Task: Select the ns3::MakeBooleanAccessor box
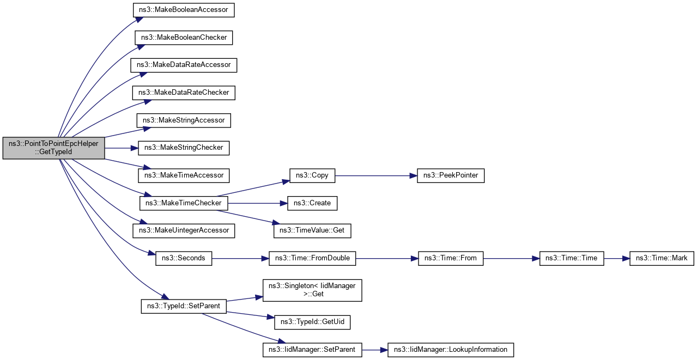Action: [184, 10]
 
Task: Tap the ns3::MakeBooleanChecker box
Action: [184, 38]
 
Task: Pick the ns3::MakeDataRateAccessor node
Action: [184, 65]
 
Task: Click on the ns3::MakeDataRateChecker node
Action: [184, 93]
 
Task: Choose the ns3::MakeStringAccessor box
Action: [184, 120]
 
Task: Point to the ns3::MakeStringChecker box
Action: [184, 148]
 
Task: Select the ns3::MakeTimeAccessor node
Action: [184, 175]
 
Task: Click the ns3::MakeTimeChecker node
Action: [184, 203]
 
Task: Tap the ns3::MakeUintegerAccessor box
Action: [184, 230]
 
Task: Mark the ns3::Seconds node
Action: [184, 258]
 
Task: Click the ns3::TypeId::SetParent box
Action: [184, 306]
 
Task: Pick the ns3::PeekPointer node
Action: [451, 175]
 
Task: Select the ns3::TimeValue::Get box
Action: [312, 230]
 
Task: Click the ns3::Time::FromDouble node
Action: [312, 258]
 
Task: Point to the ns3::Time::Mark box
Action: [662, 258]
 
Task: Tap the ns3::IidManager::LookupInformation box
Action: [451, 349]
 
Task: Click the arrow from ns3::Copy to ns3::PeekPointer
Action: [376, 175]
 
